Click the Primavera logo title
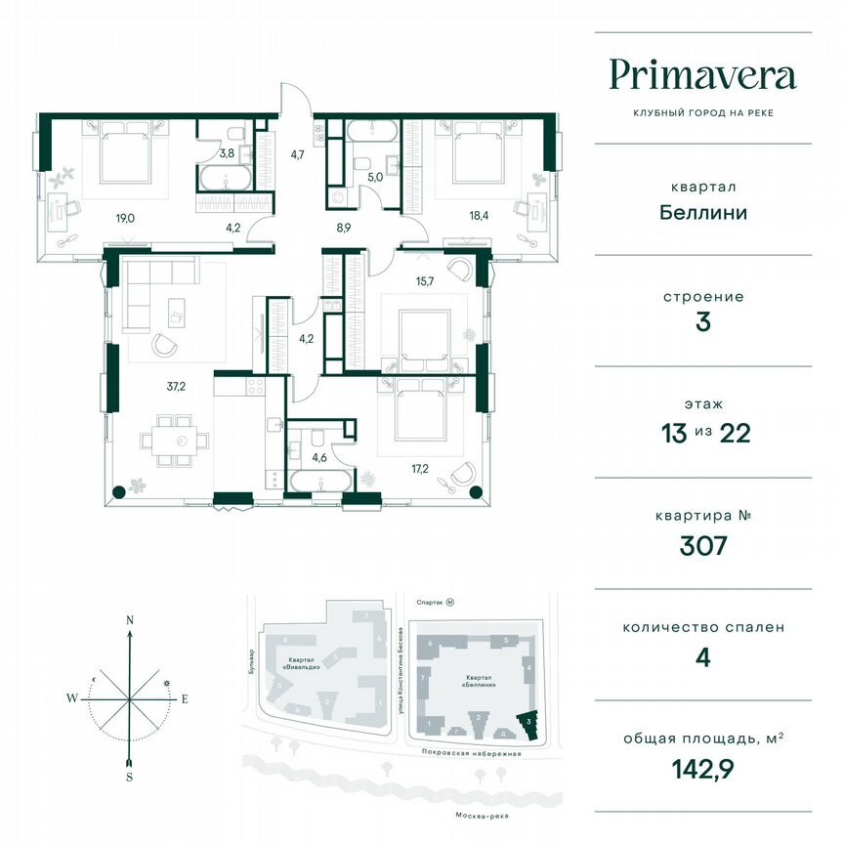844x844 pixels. coord(702,75)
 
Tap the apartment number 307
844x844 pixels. coord(702,545)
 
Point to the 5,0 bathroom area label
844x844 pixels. coord(375,177)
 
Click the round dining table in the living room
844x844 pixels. coord(180,441)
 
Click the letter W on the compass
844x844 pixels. coord(72,697)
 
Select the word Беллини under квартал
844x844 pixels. coord(702,211)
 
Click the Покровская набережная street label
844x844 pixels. coord(470,753)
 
